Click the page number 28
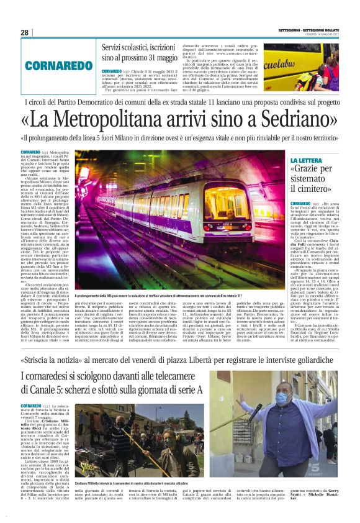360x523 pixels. [24, 32]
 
